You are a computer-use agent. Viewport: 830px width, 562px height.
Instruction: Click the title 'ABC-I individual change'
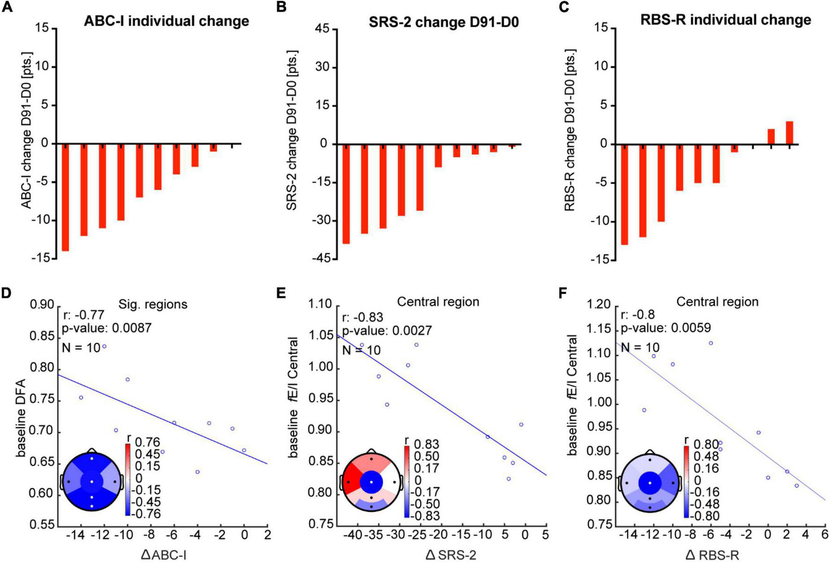[166, 21]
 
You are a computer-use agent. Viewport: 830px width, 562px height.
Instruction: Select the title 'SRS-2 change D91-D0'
[444, 22]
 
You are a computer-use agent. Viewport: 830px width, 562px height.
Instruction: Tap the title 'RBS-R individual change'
[726, 20]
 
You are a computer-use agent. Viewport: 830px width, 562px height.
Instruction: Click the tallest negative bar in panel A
[66, 197]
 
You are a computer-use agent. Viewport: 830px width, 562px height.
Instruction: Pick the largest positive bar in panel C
[789, 133]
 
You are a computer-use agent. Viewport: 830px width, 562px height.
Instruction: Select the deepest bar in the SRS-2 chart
[346, 193]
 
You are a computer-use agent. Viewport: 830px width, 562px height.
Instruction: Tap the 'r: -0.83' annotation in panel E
[363, 318]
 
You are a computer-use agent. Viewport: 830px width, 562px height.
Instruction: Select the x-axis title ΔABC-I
[164, 555]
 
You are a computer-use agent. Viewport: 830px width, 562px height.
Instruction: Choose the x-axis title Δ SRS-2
[451, 555]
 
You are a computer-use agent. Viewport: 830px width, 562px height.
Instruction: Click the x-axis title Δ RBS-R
[712, 555]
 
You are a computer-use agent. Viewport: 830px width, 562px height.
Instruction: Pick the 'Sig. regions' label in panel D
[153, 304]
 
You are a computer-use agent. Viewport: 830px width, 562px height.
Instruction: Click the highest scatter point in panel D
[104, 347]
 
